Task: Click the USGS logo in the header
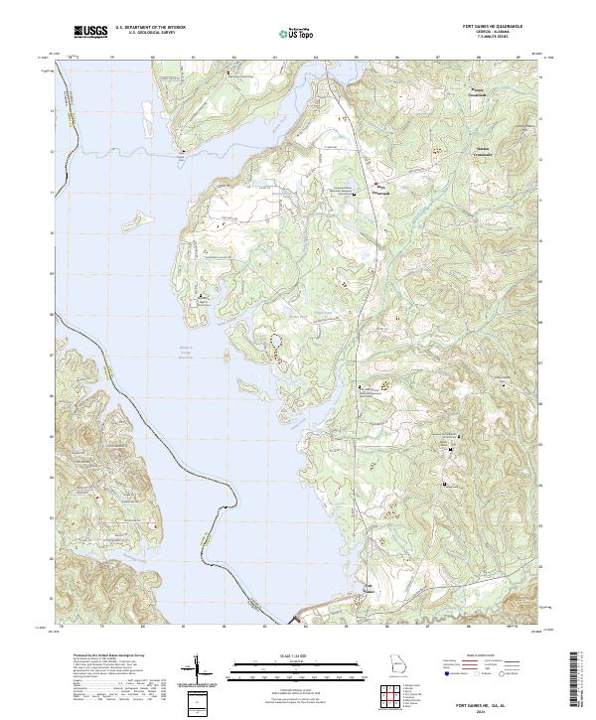pyautogui.click(x=90, y=32)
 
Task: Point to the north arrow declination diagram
pyautogui.click(x=197, y=671)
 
